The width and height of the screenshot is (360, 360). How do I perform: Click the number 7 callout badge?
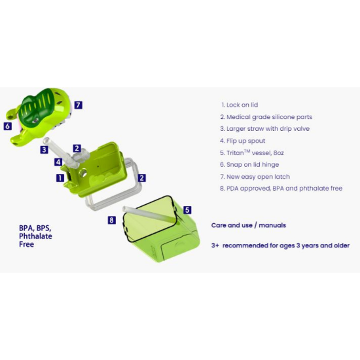point(79,105)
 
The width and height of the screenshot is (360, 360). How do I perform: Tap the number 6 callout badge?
point(8,126)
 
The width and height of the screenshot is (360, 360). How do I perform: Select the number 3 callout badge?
point(44,150)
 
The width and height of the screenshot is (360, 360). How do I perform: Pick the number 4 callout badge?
point(58,162)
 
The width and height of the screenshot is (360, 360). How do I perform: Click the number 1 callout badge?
point(60,177)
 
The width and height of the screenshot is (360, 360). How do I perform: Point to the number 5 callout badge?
point(187,210)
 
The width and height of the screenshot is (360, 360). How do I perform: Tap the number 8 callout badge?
point(111,220)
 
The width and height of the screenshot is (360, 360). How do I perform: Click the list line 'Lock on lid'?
point(240,105)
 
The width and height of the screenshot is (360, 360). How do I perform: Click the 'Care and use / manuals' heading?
point(249,225)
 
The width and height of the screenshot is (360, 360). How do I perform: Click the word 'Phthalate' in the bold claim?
point(35,236)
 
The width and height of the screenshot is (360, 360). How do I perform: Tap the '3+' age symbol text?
point(215,245)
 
